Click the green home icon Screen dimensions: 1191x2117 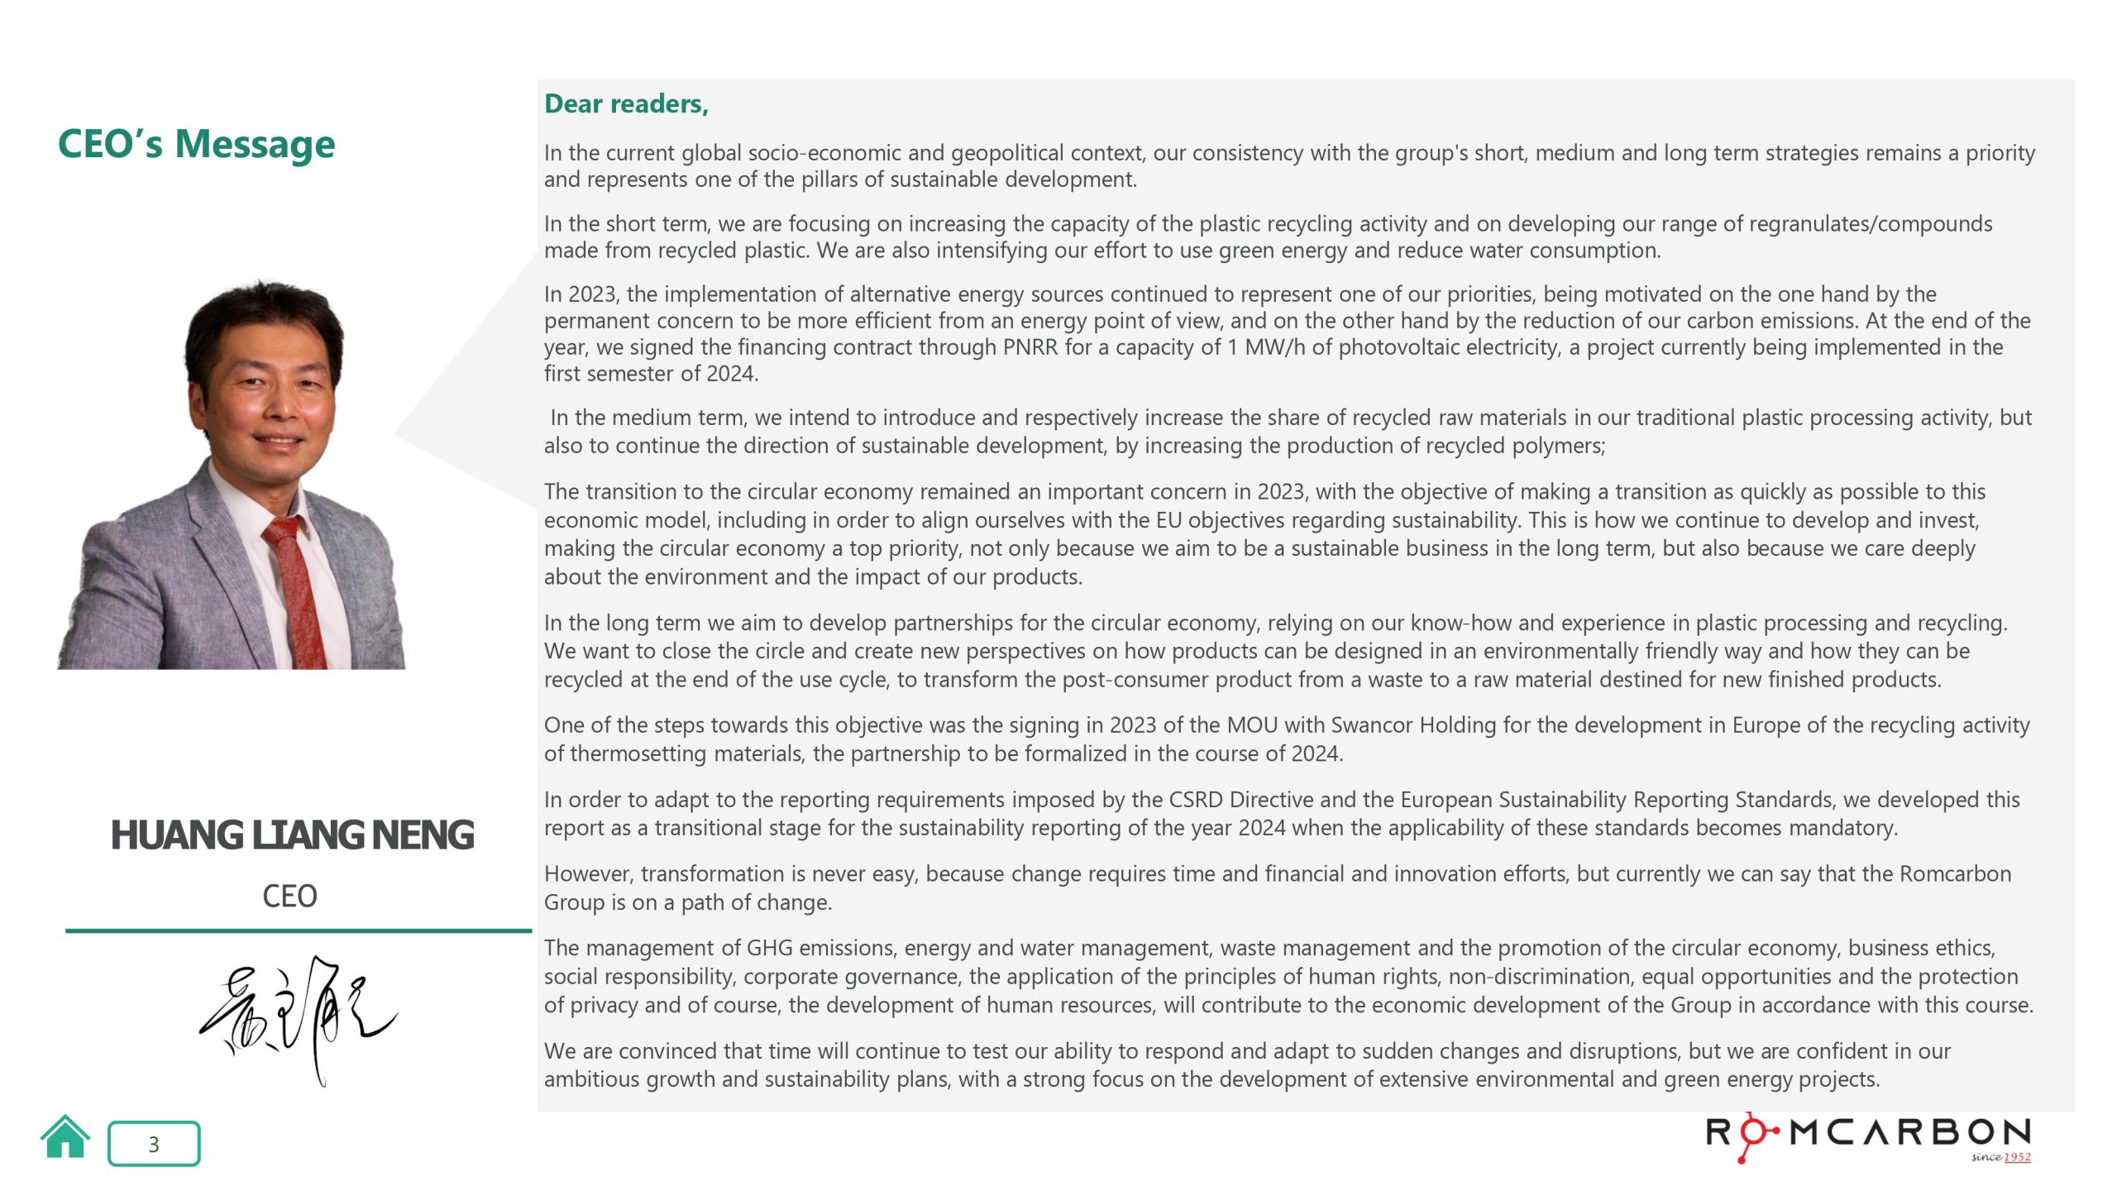65,1138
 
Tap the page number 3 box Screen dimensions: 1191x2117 154,1144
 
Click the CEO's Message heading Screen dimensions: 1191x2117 196,144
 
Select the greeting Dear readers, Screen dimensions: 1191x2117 626,104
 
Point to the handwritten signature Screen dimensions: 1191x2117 298,1017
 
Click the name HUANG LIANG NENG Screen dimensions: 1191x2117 292,835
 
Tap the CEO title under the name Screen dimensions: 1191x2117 289,897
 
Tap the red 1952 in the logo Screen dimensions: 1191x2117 2017,1157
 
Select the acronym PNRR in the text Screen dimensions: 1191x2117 1030,347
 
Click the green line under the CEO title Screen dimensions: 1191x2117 298,930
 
